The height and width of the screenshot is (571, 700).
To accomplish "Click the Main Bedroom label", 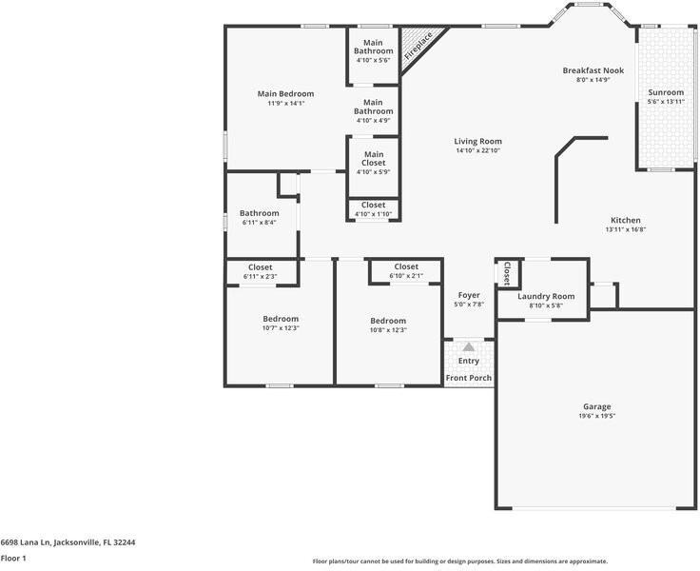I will pos(285,94).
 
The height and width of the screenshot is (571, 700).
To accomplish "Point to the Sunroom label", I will pos(666,92).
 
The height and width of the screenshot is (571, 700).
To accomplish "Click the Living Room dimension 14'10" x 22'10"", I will pos(477,150).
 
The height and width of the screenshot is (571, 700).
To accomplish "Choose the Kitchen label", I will pos(625,220).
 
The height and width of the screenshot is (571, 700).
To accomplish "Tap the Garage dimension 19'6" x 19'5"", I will pos(596,416).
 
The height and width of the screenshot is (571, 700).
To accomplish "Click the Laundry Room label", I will pos(546,296).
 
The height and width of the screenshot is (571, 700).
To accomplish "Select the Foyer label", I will pos(469,295).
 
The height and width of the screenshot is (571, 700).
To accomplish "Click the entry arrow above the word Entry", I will pos(469,348).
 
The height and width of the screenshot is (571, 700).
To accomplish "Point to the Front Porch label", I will pos(469,378).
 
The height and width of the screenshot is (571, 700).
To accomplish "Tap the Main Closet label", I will pos(374,158).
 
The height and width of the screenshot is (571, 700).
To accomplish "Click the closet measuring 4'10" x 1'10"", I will pos(374,209).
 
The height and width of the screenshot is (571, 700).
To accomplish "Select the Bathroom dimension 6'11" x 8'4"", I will pos(260,223).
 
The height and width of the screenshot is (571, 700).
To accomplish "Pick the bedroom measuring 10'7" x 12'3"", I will pos(281,324).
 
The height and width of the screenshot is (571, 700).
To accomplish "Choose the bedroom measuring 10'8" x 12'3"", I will pos(388,325).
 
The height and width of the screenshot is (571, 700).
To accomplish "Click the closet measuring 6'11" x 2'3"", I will pos(260,272).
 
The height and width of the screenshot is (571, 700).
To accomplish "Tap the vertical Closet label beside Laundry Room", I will pos(507,272).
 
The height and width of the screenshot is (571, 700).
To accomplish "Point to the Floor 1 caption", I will pos(13,559).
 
